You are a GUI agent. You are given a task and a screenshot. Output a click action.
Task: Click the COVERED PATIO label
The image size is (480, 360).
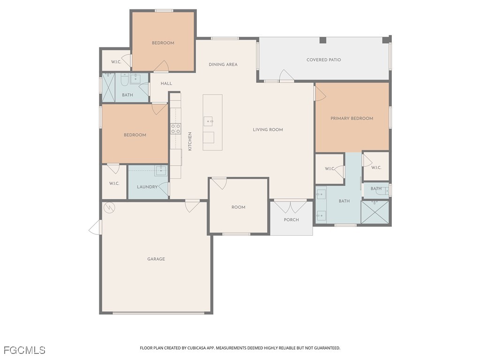(323, 60)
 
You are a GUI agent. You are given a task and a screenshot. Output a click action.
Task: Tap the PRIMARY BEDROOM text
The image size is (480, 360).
(352, 119)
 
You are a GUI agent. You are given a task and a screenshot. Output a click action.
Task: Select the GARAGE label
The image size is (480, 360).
(156, 259)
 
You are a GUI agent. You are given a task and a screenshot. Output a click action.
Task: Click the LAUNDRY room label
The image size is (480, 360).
(147, 187)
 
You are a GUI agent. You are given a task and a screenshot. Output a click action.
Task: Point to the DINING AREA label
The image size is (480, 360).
(223, 65)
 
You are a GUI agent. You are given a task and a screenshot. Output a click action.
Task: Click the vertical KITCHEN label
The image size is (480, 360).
(190, 141)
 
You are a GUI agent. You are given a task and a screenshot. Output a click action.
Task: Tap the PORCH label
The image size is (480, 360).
(291, 220)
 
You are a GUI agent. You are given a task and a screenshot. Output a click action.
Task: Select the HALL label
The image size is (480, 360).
(166, 83)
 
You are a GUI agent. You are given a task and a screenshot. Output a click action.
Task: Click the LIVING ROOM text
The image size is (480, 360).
(268, 130)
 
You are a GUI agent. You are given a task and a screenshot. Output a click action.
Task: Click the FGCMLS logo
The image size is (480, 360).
(24, 350)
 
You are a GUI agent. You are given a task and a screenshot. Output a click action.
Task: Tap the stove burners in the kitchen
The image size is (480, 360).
(175, 129)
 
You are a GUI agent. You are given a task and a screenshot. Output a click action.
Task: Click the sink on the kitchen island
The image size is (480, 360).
(209, 121)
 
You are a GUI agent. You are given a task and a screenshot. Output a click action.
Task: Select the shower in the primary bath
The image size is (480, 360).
(375, 212)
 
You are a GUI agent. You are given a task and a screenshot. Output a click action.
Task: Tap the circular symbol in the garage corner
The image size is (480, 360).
(109, 207)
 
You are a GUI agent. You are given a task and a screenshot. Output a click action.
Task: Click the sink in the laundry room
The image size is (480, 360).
(161, 170)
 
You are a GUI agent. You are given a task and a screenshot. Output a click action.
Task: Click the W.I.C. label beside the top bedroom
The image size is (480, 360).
(116, 62)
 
